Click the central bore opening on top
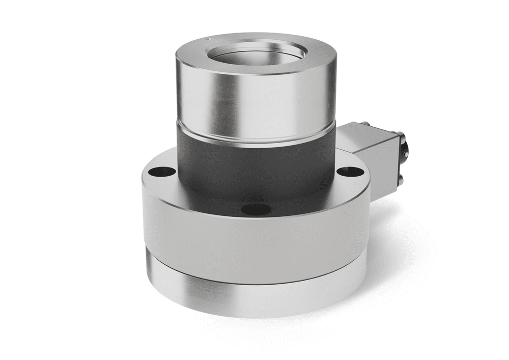tap(258, 54)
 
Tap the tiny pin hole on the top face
tap(207, 38)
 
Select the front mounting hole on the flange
tap(256, 209)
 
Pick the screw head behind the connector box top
tap(365, 123)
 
